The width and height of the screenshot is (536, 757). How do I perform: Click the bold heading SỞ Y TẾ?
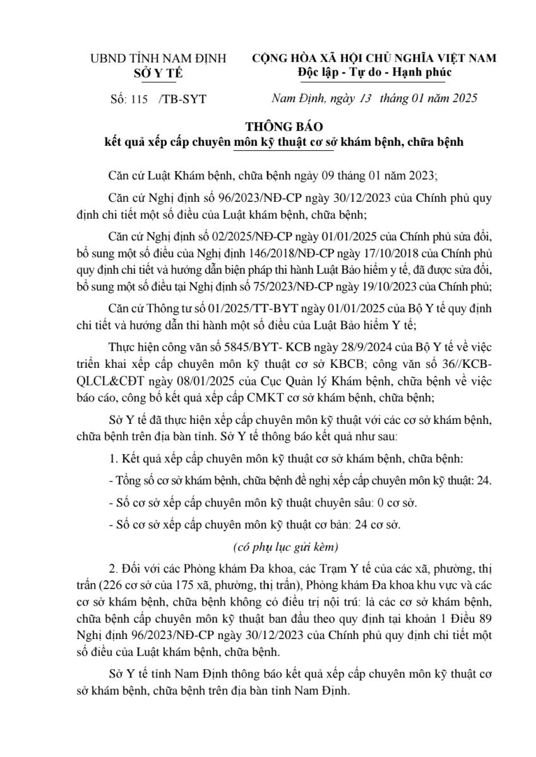(x=158, y=73)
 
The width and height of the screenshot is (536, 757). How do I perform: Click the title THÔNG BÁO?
(x=283, y=127)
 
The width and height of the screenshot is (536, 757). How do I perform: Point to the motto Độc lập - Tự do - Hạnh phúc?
(x=374, y=73)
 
